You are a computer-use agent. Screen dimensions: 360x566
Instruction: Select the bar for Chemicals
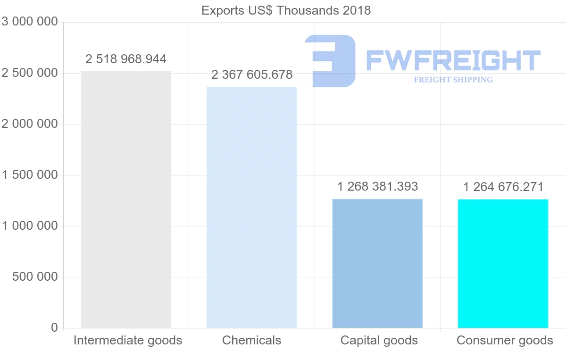(252, 207)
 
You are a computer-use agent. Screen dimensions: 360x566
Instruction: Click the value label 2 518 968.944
(126, 59)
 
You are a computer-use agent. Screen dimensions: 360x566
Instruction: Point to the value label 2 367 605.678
(252, 75)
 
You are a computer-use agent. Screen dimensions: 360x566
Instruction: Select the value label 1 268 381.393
(377, 187)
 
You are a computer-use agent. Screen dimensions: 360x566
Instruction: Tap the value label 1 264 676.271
(503, 187)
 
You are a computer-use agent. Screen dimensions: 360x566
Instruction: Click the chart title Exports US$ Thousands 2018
(286, 10)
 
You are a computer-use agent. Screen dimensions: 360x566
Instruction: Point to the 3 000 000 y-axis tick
(30, 22)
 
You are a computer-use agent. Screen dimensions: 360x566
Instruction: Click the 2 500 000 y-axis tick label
(30, 73)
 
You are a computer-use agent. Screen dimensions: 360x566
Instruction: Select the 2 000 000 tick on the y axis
(30, 124)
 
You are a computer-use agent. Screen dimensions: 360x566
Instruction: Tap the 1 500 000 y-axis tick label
(30, 175)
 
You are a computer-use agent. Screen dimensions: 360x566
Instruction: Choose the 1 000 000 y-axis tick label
(30, 226)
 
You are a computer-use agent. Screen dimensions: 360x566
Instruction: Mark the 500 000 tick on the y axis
(34, 277)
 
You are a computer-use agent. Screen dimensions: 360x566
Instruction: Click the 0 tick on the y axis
(54, 328)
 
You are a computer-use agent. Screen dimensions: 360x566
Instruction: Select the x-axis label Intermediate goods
(128, 340)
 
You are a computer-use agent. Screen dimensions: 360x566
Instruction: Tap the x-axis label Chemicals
(252, 340)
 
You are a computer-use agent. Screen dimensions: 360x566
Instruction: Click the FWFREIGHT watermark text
(453, 60)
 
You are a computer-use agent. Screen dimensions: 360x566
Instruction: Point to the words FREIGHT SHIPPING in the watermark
(453, 80)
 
